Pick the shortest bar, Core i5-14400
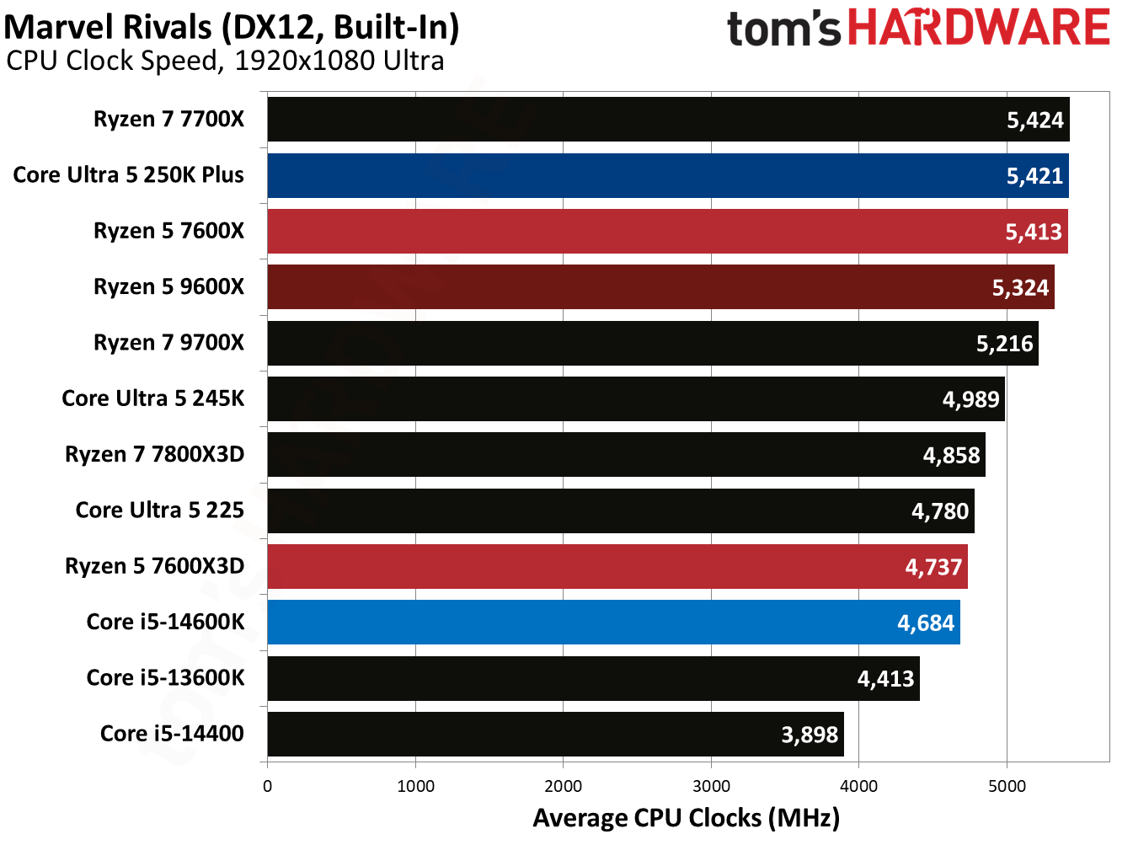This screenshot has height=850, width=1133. click(555, 734)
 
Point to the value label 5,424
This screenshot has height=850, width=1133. click(1035, 120)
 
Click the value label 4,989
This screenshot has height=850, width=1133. click(970, 399)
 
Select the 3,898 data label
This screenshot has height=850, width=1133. click(810, 735)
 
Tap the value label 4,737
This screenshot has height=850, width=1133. click(933, 567)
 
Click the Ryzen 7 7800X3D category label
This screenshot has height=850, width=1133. click(155, 455)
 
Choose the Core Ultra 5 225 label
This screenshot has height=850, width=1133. click(160, 511)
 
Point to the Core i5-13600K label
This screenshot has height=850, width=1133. click(166, 678)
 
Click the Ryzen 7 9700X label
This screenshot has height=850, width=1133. click(168, 343)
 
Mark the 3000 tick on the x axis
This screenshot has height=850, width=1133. click(711, 786)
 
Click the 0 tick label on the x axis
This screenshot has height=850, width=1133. click(268, 786)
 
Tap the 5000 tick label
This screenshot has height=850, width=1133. click(1007, 786)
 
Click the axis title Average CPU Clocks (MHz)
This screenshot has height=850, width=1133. click(686, 818)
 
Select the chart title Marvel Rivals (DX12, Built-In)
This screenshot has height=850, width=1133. click(232, 27)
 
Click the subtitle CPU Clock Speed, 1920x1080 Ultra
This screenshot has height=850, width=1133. click(225, 61)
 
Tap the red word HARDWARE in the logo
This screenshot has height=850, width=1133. click(978, 28)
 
